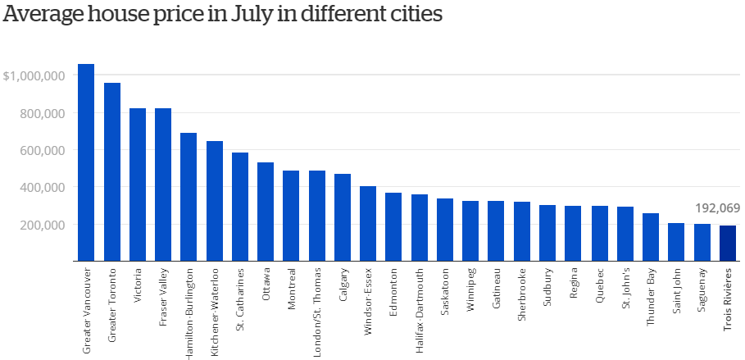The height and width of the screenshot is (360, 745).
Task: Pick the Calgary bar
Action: coord(343,217)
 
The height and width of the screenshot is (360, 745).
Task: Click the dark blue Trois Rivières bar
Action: coord(728,244)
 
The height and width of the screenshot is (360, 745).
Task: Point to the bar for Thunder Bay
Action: coord(651,237)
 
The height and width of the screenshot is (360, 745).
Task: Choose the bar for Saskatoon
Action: coord(445,230)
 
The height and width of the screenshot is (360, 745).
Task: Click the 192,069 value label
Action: coord(717,208)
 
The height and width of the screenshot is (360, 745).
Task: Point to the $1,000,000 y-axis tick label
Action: coord(34,75)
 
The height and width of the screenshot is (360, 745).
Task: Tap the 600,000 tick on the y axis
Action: coord(41,150)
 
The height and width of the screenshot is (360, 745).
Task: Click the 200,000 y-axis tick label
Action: coord(41,225)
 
